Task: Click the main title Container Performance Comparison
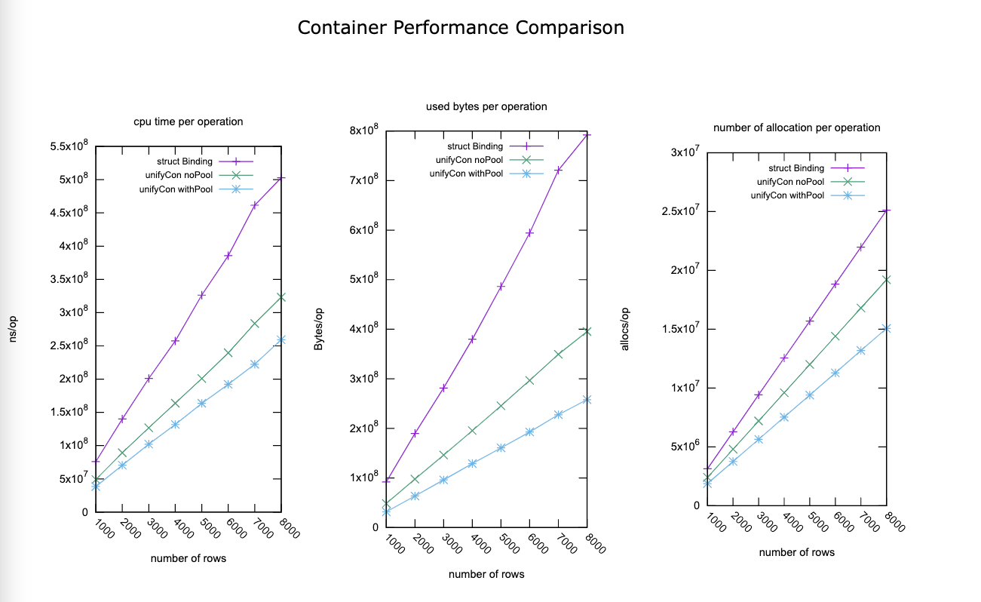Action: (461, 28)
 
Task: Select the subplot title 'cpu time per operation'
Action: (189, 121)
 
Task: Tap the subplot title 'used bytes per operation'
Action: (486, 106)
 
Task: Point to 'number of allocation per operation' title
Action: (796, 127)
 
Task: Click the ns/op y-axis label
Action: (13, 329)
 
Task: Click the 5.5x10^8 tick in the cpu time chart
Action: (69, 146)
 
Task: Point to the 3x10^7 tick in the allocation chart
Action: (685, 153)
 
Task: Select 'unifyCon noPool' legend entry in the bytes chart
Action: (468, 160)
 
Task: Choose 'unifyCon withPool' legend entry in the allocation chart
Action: (786, 195)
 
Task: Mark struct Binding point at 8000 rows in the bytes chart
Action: (586, 135)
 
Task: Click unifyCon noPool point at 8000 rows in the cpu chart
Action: (281, 297)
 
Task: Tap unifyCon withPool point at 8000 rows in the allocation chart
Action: (886, 329)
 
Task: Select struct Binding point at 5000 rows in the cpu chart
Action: (201, 295)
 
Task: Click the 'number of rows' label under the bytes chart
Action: (486, 574)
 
